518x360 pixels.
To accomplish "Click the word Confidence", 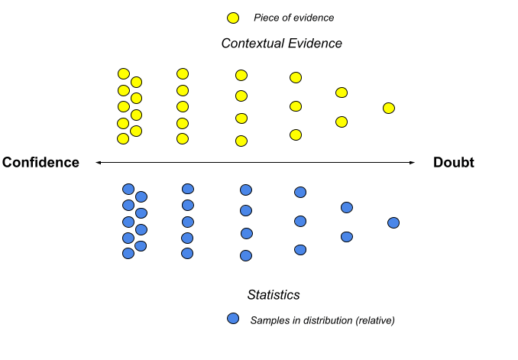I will click(40, 162).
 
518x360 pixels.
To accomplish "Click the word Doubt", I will click(454, 162).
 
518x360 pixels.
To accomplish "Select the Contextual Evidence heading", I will click(281, 44).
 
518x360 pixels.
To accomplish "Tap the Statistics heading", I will click(274, 294).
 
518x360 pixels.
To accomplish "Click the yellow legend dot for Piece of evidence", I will click(233, 18).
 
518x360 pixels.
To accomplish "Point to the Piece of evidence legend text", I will click(293, 18).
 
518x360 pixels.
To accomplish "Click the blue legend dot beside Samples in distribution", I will click(233, 319).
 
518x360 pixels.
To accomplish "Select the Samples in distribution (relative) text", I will click(322, 319).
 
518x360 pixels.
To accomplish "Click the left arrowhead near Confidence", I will click(98, 162).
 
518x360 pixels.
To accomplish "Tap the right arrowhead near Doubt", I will click(413, 162).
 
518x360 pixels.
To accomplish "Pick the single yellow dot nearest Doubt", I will click(388, 108).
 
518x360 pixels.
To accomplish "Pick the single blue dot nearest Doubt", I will click(393, 222).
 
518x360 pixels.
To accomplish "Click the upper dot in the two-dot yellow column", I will click(342, 92).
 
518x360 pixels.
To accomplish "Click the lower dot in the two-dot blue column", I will click(347, 237).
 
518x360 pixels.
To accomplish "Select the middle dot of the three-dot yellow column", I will click(296, 105).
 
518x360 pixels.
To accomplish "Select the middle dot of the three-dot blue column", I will click(300, 221).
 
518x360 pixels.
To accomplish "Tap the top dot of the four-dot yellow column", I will click(241, 75).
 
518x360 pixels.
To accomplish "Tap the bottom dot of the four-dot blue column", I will click(245, 255).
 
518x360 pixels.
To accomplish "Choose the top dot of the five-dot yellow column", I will click(183, 73).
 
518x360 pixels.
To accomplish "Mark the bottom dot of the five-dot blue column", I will click(187, 253).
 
